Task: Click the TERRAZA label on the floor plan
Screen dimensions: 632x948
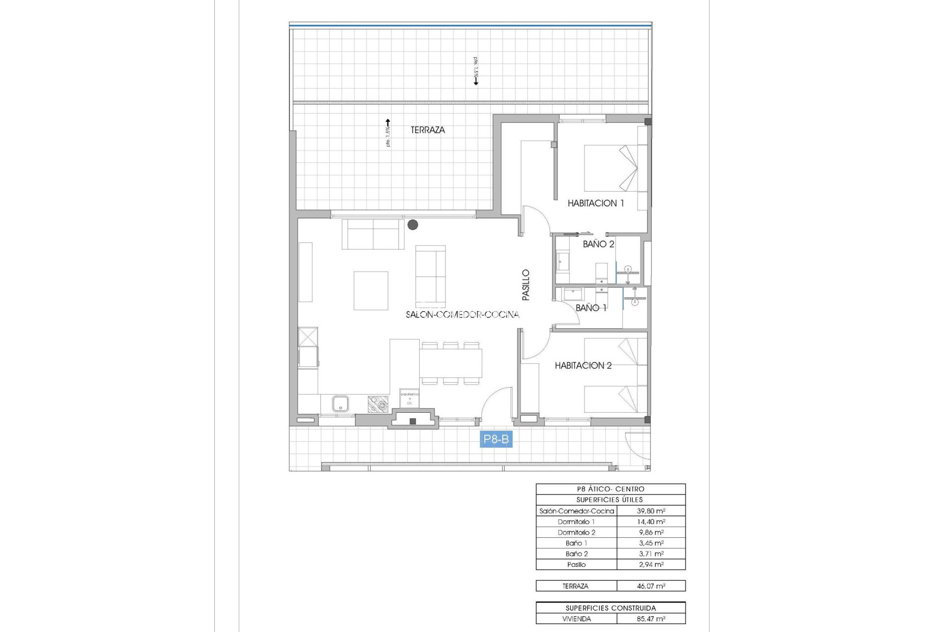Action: [x=428, y=130]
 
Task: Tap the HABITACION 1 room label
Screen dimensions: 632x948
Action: [x=595, y=203]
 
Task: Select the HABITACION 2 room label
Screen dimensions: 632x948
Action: [x=583, y=365]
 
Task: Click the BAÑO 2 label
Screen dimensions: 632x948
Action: [x=598, y=244]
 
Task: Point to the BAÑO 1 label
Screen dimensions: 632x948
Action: [x=591, y=308]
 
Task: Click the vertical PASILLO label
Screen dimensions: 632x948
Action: [x=526, y=285]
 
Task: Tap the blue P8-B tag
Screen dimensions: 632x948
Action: [x=496, y=439]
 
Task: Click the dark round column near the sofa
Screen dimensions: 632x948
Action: [x=413, y=225]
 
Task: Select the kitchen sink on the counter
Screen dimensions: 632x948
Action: [x=341, y=403]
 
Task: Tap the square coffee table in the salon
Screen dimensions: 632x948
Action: [x=371, y=290]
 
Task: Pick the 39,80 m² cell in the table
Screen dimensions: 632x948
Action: [x=651, y=511]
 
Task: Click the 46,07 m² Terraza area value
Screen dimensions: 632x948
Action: [x=651, y=586]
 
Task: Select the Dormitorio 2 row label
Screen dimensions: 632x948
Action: [x=576, y=532]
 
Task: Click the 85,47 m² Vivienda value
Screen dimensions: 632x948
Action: [x=651, y=619]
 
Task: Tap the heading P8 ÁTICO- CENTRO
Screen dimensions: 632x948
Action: [x=610, y=489]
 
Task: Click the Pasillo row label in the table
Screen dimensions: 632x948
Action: [x=576, y=564]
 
